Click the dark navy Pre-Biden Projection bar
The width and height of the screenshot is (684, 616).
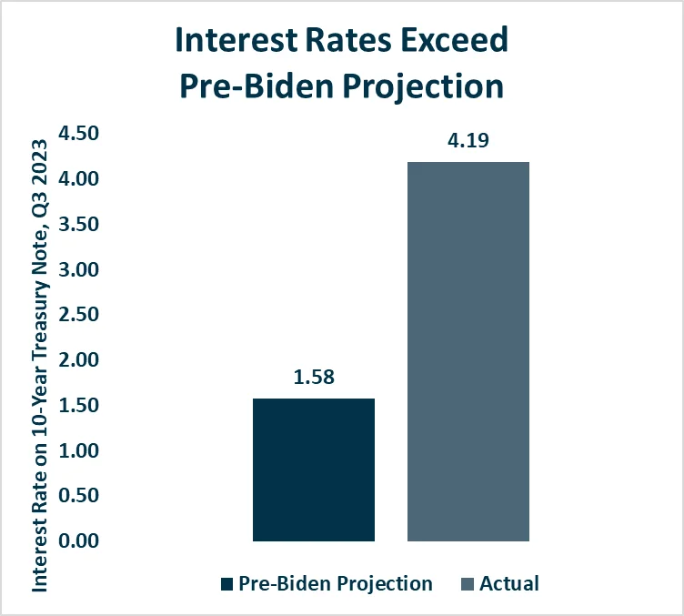tap(313, 470)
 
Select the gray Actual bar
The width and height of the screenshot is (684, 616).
tap(468, 351)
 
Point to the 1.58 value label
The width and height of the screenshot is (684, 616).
tap(313, 378)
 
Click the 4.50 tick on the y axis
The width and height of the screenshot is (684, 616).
tap(78, 135)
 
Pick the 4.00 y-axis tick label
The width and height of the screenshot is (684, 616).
tap(78, 179)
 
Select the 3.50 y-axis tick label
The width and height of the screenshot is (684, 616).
tap(78, 225)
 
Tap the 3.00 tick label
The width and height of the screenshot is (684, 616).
tap(78, 270)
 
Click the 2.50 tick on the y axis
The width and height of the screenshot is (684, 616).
tap(78, 315)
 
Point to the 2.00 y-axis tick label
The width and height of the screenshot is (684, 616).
tap(78, 360)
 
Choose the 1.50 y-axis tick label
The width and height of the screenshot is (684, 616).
tap(78, 406)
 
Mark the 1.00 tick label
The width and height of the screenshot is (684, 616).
tap(78, 450)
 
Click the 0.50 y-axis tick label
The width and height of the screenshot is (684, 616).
tap(78, 496)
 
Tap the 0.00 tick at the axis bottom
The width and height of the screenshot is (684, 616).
tap(78, 541)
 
